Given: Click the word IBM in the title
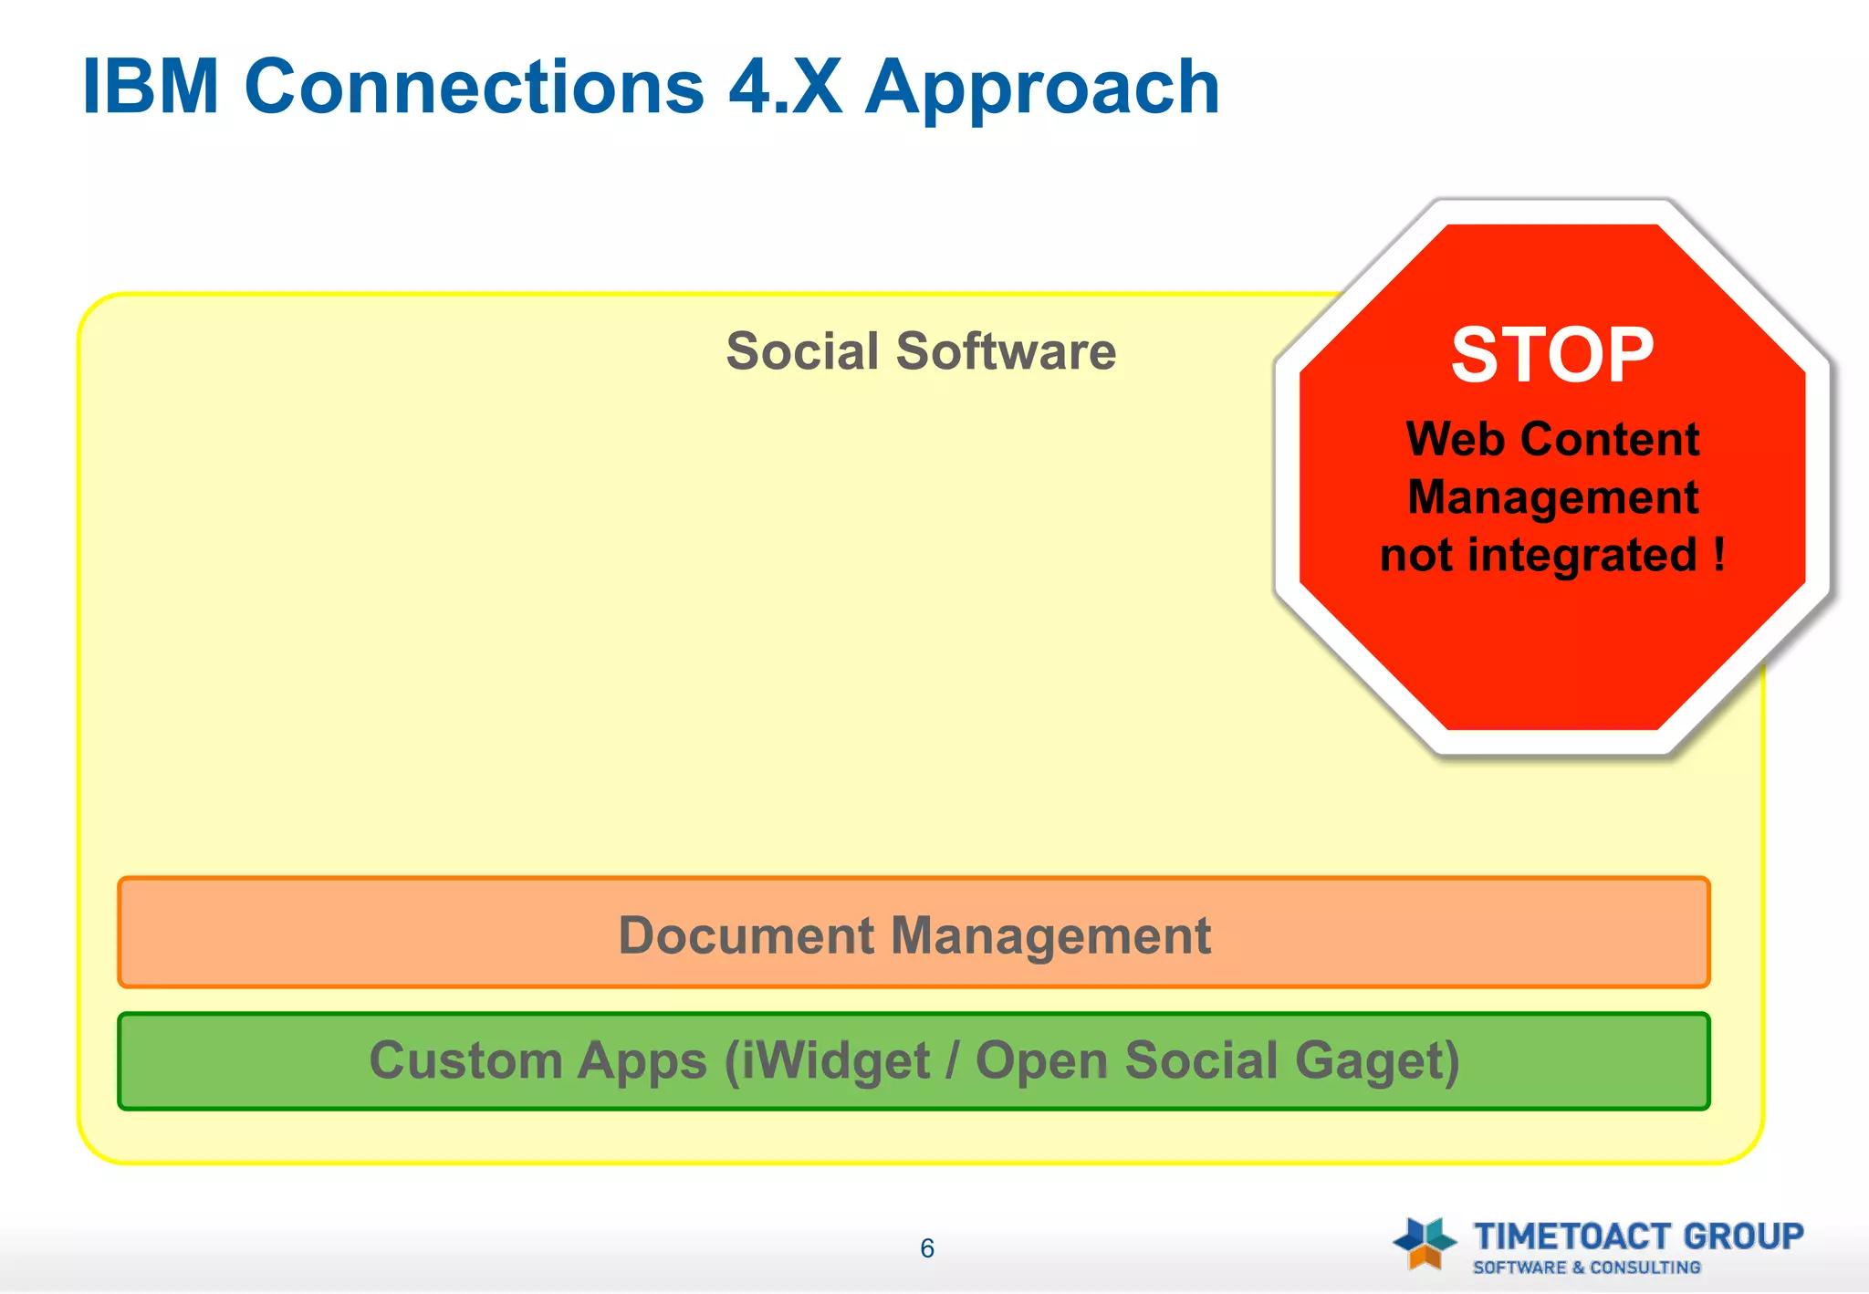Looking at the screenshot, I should (151, 88).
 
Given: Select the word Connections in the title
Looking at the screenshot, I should (475, 88).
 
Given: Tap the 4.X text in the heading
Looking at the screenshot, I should (785, 88).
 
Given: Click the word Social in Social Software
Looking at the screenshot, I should (802, 352).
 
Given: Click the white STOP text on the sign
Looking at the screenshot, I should (1552, 356).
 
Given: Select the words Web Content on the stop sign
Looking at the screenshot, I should (1552, 440).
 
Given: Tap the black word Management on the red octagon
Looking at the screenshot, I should (1552, 498).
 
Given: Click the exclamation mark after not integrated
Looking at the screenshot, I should (1719, 554).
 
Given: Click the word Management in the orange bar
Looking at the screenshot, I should (1050, 935).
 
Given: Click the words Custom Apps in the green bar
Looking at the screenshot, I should (538, 1061).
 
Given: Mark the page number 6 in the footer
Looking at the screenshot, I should (927, 1248).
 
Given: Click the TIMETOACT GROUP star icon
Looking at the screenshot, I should (1425, 1243).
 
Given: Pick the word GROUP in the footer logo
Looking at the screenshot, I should (1743, 1237).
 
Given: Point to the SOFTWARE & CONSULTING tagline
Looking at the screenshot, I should (1586, 1268).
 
